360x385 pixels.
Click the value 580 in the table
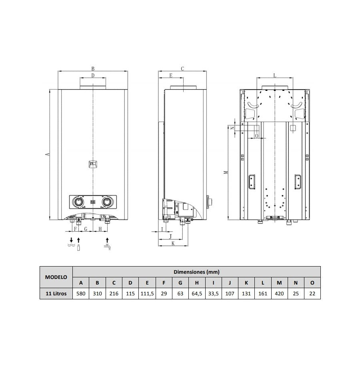point(81,293)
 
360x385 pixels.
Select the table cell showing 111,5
point(147,293)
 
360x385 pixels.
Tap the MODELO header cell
point(56,277)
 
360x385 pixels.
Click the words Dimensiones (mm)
point(196,272)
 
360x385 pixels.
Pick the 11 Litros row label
point(56,293)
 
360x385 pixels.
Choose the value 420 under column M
point(279,293)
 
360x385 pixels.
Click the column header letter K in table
point(246,283)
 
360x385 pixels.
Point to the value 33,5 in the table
point(213,293)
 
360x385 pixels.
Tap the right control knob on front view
point(107,202)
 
